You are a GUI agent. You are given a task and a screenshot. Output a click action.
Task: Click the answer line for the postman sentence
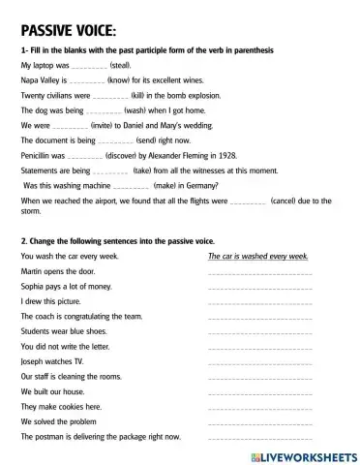coord(260,437)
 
